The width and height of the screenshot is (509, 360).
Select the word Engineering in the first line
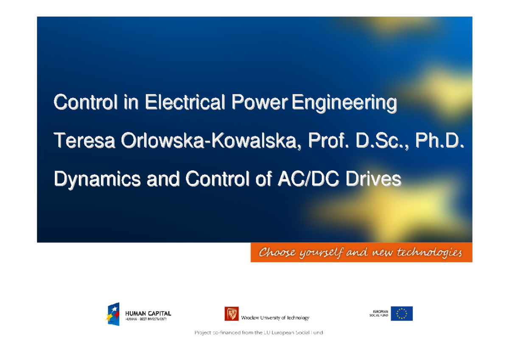pos(344,104)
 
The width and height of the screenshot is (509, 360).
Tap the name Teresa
pos(84,141)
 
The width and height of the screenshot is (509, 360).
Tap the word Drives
pos(373,180)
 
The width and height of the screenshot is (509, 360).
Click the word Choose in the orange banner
pos(277,253)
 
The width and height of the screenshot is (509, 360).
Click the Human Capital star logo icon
pos(112,314)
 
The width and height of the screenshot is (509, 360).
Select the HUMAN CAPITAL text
pos(148,314)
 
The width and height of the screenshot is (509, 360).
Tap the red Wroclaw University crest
pos(232,314)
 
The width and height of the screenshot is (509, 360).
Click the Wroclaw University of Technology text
pos(275,318)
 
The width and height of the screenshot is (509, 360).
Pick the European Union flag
pos(401,314)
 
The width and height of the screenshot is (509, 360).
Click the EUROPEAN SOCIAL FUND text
pos(378,314)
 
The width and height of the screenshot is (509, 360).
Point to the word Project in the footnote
pos(204,333)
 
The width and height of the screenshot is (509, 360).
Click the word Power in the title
pos(260,103)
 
